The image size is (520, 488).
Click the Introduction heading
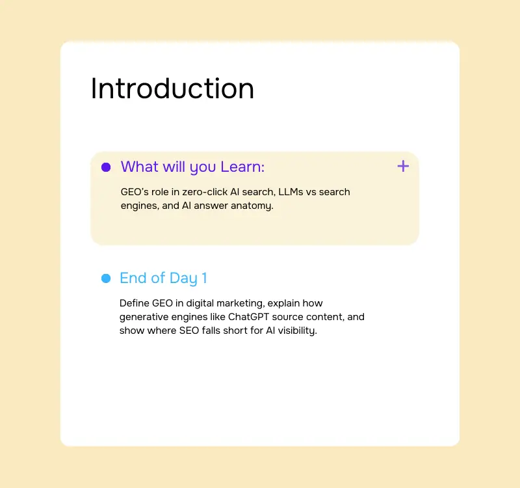172,88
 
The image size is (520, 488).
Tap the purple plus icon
403,166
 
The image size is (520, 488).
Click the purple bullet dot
106,167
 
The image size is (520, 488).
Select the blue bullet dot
106,278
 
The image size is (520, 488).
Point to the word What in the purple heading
139,167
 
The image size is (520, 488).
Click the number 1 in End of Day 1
204,278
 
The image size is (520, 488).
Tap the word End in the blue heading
133,278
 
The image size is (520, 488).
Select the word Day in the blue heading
183,278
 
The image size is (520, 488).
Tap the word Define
135,303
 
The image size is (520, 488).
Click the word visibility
296,331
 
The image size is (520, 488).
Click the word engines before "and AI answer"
139,206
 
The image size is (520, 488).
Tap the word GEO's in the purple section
135,192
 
